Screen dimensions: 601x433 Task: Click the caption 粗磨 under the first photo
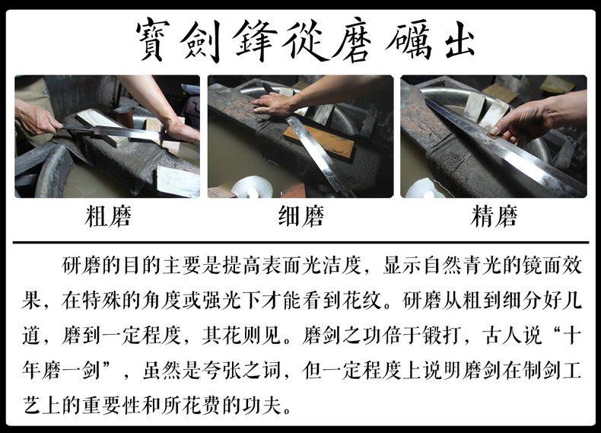point(108,216)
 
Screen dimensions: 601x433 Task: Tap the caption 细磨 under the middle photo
point(301,216)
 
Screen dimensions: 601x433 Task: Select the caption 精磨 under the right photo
point(494,216)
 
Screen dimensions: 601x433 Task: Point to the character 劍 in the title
point(202,40)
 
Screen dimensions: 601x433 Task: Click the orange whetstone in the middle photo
point(319,141)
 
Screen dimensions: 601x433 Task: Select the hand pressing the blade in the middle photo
point(273,103)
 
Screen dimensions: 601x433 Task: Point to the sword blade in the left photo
point(115,132)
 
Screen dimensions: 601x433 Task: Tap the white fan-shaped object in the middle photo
point(252,186)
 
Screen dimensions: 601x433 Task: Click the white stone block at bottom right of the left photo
point(177,182)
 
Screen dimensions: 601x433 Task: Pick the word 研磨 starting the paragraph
point(81,266)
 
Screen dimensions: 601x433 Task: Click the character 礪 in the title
point(409,41)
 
